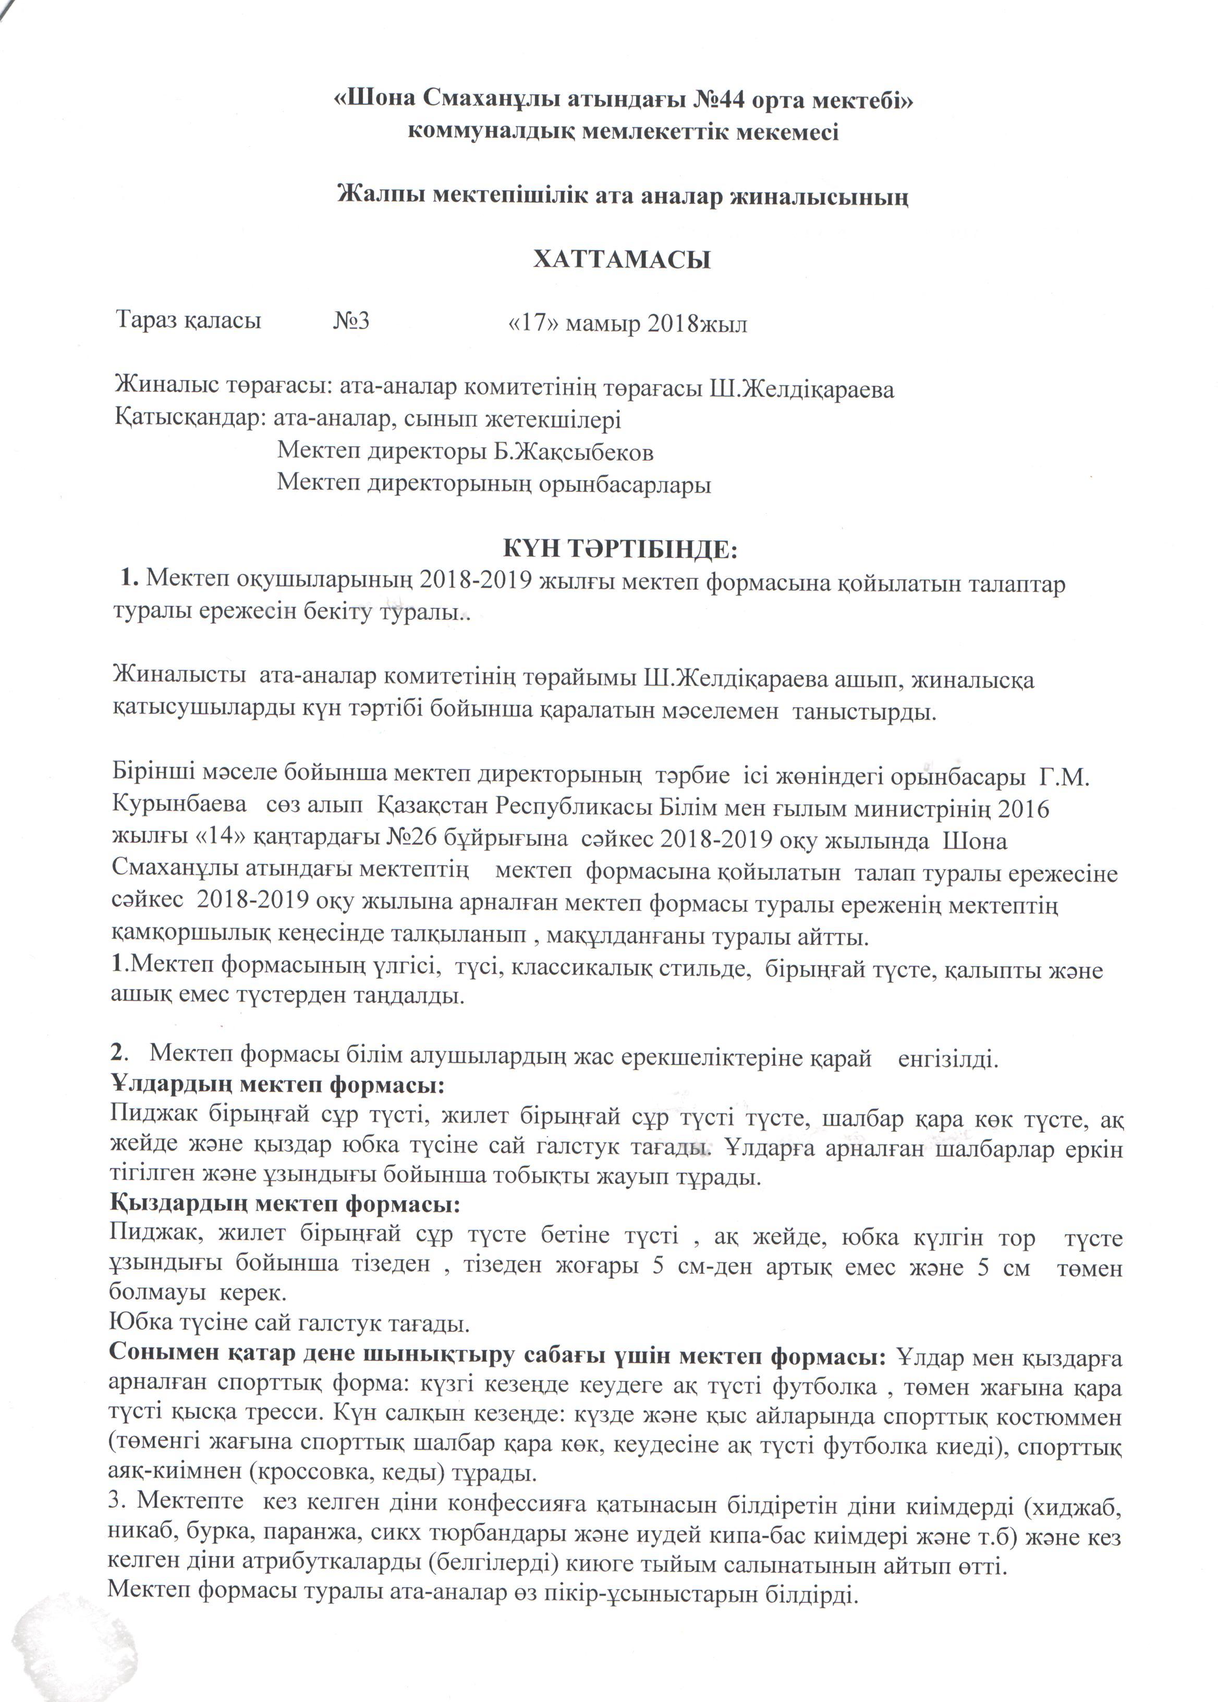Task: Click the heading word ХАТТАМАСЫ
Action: coord(622,260)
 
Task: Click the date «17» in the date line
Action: coord(533,323)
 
